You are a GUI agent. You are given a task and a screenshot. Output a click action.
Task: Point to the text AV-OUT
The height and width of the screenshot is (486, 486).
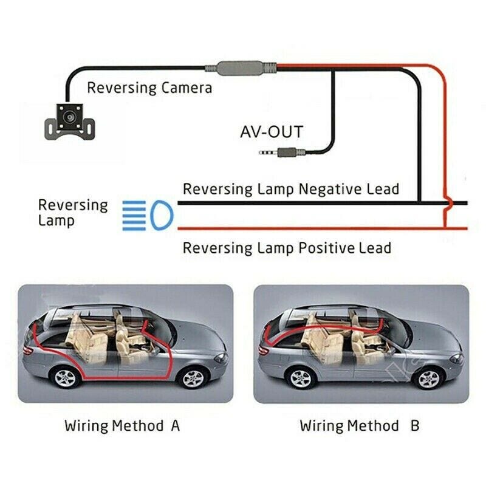pos(272,131)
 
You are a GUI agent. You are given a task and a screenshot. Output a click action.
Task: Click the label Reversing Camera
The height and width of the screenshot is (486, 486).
pos(149,87)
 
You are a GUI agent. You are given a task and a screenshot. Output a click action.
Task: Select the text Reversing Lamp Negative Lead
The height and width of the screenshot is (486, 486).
pos(291,189)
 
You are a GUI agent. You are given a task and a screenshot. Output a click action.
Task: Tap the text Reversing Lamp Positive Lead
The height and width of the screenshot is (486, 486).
pos(287,248)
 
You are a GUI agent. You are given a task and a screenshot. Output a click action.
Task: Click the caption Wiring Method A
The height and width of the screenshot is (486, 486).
pos(122,425)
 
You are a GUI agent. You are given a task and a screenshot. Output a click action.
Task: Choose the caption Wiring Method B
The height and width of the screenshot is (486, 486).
pos(359,425)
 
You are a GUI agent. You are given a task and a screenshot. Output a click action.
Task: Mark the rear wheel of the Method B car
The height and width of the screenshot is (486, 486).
pos(302,379)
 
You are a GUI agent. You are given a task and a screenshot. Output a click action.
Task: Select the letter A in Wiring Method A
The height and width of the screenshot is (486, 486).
pos(175,425)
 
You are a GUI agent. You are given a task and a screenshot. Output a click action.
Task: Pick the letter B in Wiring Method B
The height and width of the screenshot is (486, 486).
pos(415,425)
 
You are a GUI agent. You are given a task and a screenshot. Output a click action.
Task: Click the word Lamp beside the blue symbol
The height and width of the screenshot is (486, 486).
pos(56,221)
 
